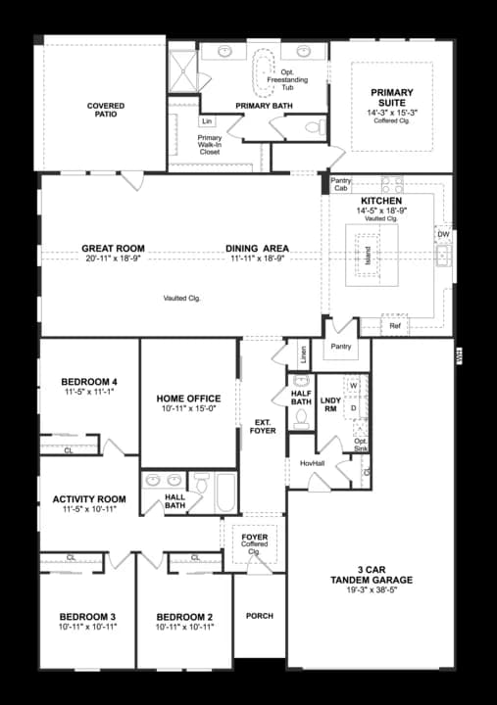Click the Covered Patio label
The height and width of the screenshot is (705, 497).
(105, 110)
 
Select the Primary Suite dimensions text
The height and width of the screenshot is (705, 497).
(391, 114)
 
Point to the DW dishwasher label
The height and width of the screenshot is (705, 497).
(443, 234)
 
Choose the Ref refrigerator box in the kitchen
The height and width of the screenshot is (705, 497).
(395, 325)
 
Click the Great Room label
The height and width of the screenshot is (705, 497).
(114, 249)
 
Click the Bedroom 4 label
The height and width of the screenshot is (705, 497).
(89, 381)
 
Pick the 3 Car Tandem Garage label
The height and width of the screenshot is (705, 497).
(371, 574)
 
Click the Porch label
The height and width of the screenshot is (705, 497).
(259, 616)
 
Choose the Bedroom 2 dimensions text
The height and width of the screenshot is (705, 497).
(185, 627)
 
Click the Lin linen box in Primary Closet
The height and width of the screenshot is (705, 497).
(207, 121)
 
